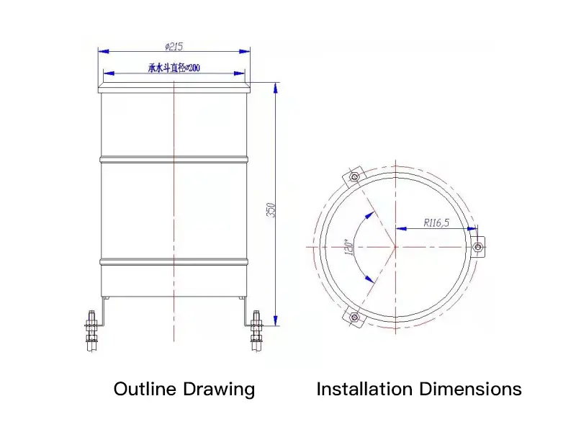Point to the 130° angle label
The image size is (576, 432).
[348, 248]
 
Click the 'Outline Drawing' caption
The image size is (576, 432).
[184, 390]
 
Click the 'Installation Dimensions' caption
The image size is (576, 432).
[419, 390]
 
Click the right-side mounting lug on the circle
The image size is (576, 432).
[478, 246]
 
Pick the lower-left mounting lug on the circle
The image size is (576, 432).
[354, 317]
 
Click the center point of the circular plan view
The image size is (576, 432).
[395, 247]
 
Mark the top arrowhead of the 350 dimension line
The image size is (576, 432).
[276, 89]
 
